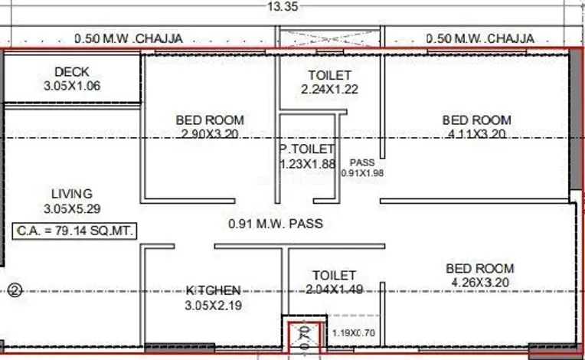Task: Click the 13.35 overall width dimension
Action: (x=283, y=6)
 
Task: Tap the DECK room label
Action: (x=72, y=72)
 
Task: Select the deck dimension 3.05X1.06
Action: (x=72, y=86)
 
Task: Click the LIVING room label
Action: (x=72, y=194)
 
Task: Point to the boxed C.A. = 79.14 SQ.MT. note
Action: (x=74, y=231)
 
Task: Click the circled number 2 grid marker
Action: (x=15, y=290)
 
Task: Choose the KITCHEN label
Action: (x=214, y=290)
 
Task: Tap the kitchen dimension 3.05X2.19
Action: (x=214, y=305)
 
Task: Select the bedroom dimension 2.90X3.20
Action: (x=210, y=133)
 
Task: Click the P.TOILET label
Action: (x=307, y=149)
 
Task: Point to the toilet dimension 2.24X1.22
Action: (x=330, y=89)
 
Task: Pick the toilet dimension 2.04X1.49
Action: (x=335, y=289)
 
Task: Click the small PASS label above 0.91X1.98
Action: (x=362, y=162)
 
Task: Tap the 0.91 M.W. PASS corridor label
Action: (x=276, y=224)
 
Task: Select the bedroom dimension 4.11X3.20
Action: (x=477, y=133)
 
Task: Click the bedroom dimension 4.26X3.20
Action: (x=480, y=283)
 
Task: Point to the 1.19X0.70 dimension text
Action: (x=354, y=332)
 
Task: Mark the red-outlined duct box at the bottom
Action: (x=305, y=337)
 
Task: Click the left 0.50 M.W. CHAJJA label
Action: (x=129, y=38)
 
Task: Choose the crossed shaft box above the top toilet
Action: (x=330, y=38)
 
